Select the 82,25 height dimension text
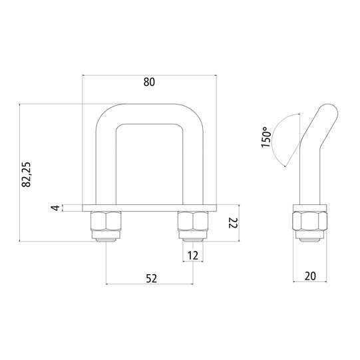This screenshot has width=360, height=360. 27,172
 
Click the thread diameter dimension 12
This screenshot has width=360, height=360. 194,255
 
